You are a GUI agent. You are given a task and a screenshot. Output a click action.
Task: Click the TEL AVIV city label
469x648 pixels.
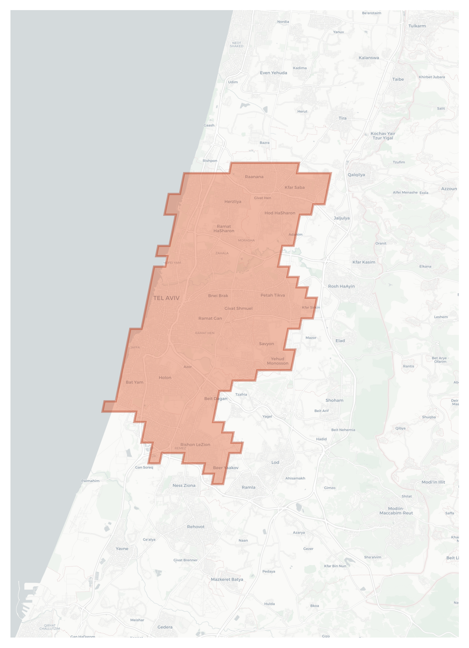tap(166, 298)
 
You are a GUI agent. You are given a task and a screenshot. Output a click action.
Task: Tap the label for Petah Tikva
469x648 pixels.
tap(273, 295)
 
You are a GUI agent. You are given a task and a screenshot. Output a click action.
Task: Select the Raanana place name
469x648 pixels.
tap(254, 177)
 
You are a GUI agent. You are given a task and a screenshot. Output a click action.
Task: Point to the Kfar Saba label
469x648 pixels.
tap(295, 188)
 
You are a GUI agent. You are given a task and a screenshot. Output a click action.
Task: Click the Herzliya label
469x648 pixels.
tap(233, 201)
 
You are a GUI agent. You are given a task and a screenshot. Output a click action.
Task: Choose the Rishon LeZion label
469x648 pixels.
tap(195, 444)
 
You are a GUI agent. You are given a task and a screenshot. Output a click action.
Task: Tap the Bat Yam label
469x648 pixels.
tap(135, 382)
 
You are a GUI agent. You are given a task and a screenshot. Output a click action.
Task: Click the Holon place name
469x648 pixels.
tap(165, 378)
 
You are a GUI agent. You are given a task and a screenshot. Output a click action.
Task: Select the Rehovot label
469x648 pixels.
tap(196, 527)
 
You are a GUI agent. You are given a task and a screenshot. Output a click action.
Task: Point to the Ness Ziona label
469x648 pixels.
tap(184, 485)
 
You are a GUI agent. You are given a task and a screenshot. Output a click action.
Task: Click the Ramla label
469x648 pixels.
tap(249, 487)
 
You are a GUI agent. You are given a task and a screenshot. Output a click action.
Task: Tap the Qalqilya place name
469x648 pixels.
tap(356, 175)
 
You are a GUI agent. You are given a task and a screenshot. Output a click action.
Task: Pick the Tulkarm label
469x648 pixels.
tap(417, 26)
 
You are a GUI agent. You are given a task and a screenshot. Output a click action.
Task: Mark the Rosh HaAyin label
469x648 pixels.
tap(341, 286)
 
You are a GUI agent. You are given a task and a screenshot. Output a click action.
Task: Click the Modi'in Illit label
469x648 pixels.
tap(433, 482)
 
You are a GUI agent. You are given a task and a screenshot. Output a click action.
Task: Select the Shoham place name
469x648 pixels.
tap(334, 400)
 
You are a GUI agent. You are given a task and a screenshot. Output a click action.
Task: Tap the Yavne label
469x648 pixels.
tap(122, 548)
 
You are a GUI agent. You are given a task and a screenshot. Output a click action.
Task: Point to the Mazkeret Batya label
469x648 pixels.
tap(227, 579)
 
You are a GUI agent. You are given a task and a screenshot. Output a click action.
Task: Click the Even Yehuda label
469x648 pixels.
tap(274, 73)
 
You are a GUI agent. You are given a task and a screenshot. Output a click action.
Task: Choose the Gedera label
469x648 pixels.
tap(165, 627)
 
